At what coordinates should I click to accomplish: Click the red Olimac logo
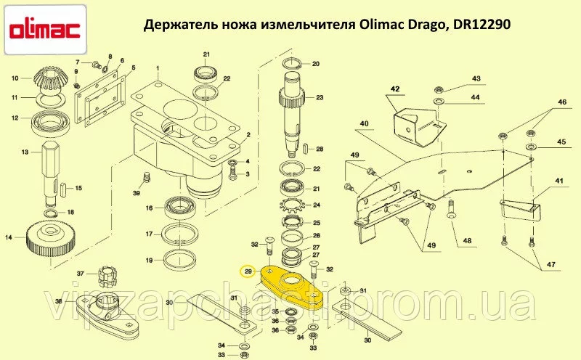point(44,30)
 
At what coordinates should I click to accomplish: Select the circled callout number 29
point(248,272)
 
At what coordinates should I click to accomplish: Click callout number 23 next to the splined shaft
point(320,97)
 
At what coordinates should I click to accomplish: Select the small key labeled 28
point(307,150)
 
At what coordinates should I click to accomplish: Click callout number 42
point(395,89)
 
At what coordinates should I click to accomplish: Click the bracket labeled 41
point(519,210)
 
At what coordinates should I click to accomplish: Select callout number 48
point(467,241)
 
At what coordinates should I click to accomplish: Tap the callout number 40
point(365,123)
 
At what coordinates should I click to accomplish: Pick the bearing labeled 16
point(179,208)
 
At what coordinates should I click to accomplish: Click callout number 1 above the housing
point(158,68)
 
